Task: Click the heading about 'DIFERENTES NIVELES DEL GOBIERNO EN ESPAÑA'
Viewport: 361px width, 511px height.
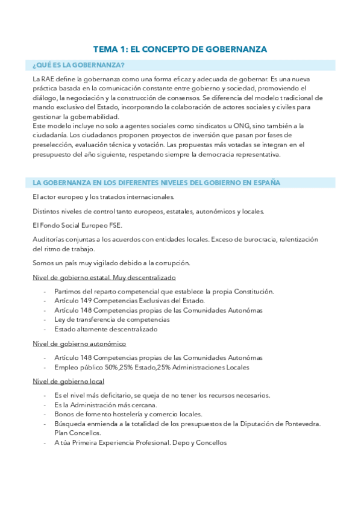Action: [x=156, y=183]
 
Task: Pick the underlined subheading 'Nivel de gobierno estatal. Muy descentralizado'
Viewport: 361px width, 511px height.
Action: [x=104, y=277]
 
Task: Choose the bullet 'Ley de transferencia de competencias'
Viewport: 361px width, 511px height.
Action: [x=111, y=319]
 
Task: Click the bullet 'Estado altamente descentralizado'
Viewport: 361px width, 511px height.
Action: [x=105, y=329]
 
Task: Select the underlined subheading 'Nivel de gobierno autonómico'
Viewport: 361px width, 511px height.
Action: [x=79, y=343]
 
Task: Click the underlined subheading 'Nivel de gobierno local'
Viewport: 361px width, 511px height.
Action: [x=69, y=381]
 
